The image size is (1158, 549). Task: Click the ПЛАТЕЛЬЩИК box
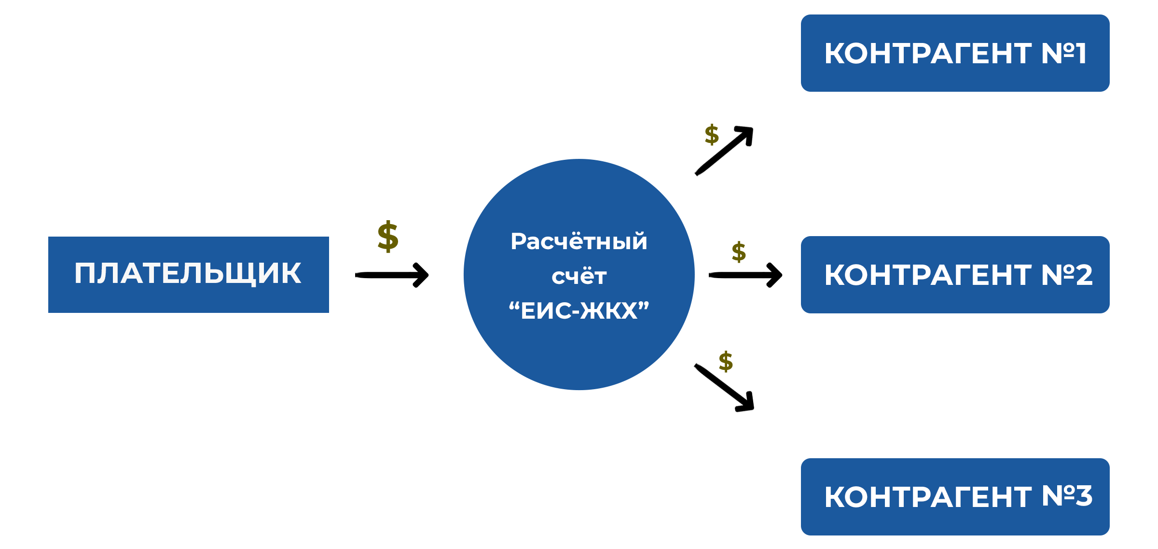[x=189, y=275]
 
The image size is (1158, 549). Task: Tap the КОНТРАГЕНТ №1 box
[x=955, y=53]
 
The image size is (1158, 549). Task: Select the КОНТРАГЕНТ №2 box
[x=955, y=275]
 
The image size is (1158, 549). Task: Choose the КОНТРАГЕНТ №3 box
[x=955, y=497]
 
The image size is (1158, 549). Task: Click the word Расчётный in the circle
[x=579, y=241]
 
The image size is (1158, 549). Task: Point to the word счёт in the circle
[x=579, y=276]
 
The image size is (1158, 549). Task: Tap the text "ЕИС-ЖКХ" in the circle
[x=579, y=310]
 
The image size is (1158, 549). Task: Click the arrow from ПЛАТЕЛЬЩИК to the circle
[x=392, y=275]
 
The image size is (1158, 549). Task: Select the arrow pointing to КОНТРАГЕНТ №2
[x=745, y=275]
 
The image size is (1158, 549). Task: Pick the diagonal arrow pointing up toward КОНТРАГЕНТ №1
[x=724, y=151]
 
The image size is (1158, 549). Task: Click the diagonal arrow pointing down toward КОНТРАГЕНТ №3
[x=724, y=387]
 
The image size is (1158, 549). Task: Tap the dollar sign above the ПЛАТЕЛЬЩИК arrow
[x=388, y=237]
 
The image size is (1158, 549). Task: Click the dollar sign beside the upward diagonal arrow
[x=712, y=134]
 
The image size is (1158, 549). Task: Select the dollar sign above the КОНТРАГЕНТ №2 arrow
[x=739, y=252]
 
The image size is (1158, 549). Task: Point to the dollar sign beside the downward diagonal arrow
[x=726, y=361]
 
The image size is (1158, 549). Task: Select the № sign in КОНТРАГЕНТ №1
[x=1057, y=53]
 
